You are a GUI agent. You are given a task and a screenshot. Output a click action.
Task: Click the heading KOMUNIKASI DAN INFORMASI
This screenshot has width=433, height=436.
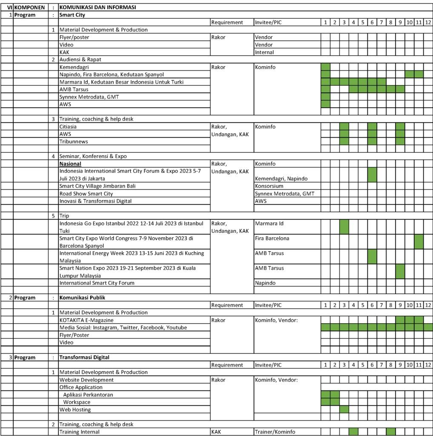[98, 8]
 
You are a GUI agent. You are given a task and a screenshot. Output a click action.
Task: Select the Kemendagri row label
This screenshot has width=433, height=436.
[75, 67]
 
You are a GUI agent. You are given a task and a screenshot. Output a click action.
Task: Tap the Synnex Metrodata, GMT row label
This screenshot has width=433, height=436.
[89, 97]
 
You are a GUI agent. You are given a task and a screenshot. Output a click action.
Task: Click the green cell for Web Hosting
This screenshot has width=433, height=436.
[344, 410]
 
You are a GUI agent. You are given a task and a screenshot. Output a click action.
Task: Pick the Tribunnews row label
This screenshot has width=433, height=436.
[74, 141]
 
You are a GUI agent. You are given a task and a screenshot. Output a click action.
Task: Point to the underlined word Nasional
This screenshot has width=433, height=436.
[70, 164]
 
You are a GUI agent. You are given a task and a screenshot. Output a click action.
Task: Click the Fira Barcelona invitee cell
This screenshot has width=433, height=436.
[272, 238]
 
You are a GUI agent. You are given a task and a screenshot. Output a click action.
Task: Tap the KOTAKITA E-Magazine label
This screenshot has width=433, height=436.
[86, 320]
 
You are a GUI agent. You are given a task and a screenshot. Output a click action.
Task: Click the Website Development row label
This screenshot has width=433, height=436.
[86, 380]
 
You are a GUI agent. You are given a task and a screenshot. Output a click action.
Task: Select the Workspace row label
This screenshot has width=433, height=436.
[77, 402]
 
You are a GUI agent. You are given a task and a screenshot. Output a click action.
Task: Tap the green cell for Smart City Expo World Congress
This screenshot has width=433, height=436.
[419, 242]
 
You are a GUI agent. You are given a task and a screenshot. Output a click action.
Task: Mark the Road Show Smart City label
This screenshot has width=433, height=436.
[86, 194]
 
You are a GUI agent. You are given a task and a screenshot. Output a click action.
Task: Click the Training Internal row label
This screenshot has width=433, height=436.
[80, 432]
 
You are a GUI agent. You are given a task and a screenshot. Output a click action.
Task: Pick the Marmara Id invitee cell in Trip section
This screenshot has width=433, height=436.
[269, 224]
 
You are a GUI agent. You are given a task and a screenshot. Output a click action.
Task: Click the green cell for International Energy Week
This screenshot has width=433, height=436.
[372, 257]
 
